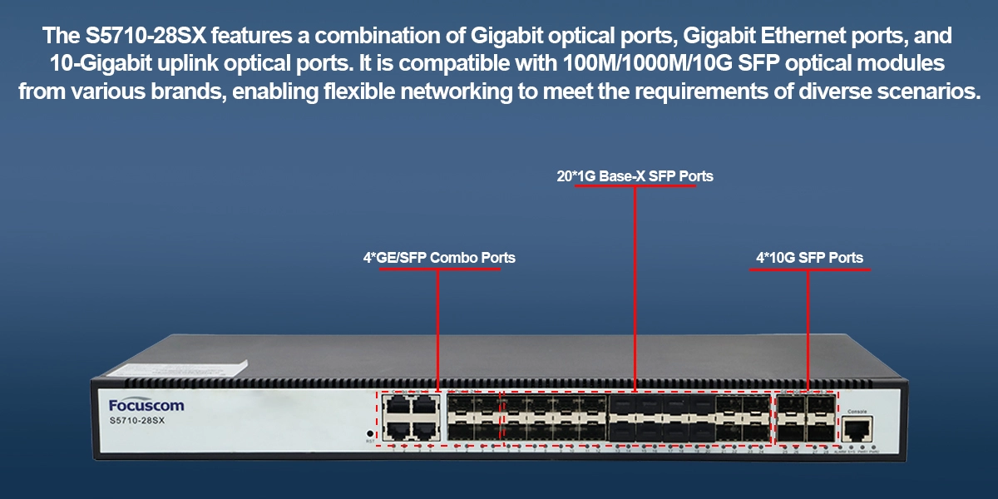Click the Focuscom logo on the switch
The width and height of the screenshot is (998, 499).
click(146, 405)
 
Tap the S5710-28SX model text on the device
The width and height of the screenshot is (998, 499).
click(139, 422)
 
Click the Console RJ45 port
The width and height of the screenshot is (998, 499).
click(857, 429)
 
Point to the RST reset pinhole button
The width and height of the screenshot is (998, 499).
click(369, 433)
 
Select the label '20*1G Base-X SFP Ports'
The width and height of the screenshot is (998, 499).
click(635, 176)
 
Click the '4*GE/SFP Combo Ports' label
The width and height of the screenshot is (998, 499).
click(439, 258)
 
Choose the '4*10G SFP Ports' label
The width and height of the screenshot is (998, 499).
click(809, 258)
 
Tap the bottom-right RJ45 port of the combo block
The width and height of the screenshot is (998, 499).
click(426, 430)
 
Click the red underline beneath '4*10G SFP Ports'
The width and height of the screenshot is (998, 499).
click(809, 269)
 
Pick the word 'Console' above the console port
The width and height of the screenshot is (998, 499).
click(857, 412)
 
